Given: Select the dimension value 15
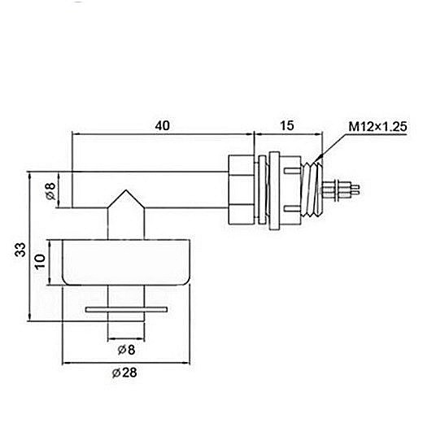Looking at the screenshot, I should [286, 126].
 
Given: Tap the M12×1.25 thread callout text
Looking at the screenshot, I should [377, 126].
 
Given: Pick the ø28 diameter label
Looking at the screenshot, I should [127, 373].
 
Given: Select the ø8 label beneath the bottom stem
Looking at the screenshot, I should [127, 349].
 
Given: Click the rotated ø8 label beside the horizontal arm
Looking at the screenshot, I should [50, 192].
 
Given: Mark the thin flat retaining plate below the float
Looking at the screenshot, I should [127, 309].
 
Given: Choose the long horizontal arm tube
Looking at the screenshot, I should [163, 188].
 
